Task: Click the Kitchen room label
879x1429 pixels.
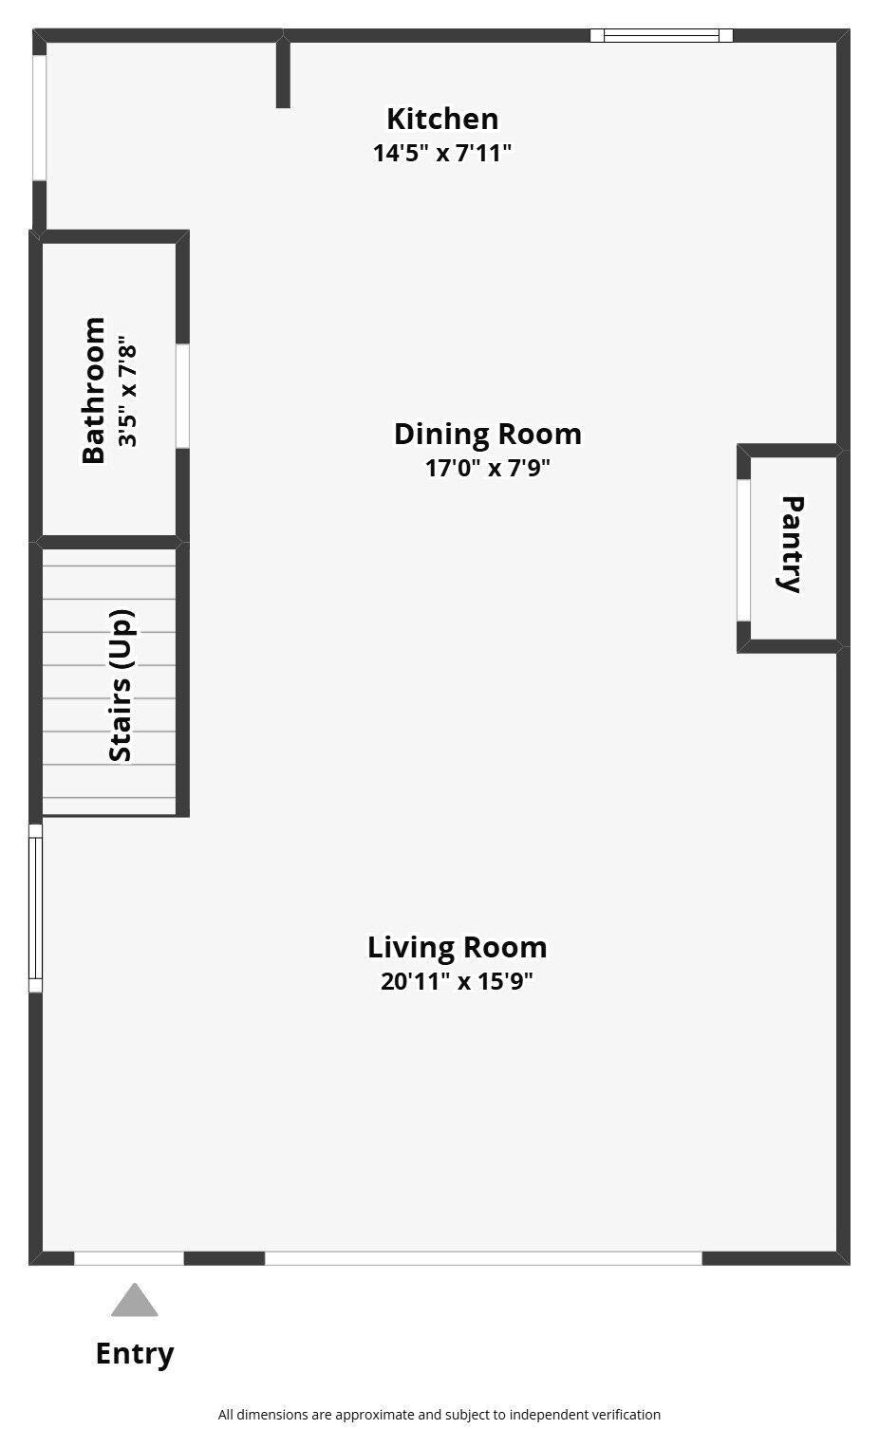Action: [x=442, y=120]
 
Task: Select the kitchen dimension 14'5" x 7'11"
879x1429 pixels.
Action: [x=442, y=153]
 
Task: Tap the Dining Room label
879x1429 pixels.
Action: [x=488, y=435]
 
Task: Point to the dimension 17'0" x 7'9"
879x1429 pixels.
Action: [x=488, y=468]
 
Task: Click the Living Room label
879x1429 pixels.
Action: [x=457, y=947]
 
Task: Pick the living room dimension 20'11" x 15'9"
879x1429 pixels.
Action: [x=457, y=981]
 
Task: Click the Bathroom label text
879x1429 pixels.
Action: [x=94, y=390]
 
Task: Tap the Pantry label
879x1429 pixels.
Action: [x=792, y=544]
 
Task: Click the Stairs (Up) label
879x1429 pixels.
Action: [x=121, y=686]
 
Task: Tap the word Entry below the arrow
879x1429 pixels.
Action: [x=135, y=1354]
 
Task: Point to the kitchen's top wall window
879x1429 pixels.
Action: [x=662, y=36]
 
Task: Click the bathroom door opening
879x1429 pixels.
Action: [x=182, y=397]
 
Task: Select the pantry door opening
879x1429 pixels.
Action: [x=743, y=550]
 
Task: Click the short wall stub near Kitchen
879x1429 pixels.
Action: [x=283, y=72]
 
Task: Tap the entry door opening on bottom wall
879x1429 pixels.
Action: [x=129, y=1258]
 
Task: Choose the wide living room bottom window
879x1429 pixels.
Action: [x=483, y=1258]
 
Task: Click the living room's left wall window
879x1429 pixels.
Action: [x=36, y=908]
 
